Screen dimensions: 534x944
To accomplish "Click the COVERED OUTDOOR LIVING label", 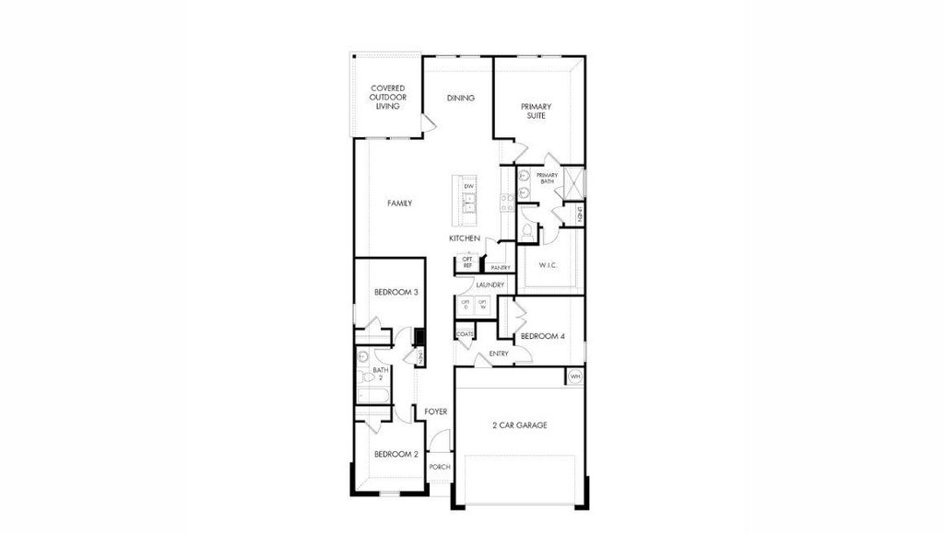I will [x=388, y=98].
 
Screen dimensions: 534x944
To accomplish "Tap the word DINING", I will [x=461, y=98].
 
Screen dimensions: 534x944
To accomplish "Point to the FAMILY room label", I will [x=399, y=203].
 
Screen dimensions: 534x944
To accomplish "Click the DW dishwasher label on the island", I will [x=468, y=187].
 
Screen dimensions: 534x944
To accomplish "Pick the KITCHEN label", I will [x=464, y=238].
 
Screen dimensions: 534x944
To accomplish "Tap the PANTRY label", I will [x=501, y=268].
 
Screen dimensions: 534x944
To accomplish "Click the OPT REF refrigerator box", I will [x=467, y=263].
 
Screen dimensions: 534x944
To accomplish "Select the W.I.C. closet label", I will [x=548, y=267].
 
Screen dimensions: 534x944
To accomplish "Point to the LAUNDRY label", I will [x=490, y=285].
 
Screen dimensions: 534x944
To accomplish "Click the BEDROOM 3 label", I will [x=396, y=292].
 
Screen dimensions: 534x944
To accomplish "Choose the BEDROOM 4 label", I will [x=542, y=336].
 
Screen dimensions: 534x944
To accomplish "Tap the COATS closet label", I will [x=465, y=334].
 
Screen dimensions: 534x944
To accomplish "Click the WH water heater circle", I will [x=575, y=377].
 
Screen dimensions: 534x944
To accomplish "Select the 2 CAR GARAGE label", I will [x=520, y=425].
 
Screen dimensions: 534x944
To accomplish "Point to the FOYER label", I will [x=435, y=412].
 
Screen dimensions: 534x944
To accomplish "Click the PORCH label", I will [x=440, y=467].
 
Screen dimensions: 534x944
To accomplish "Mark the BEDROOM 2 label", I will [x=396, y=454].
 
